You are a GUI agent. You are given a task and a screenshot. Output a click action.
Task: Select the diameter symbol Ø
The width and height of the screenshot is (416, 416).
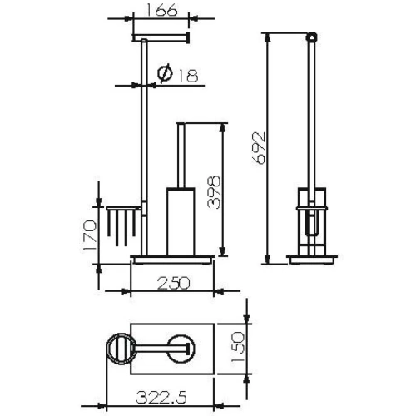click(x=164, y=76)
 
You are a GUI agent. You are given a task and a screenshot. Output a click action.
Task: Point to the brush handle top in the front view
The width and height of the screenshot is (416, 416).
click(x=180, y=126)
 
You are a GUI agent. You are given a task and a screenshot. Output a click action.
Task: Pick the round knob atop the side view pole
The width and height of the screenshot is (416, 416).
click(x=313, y=37)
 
